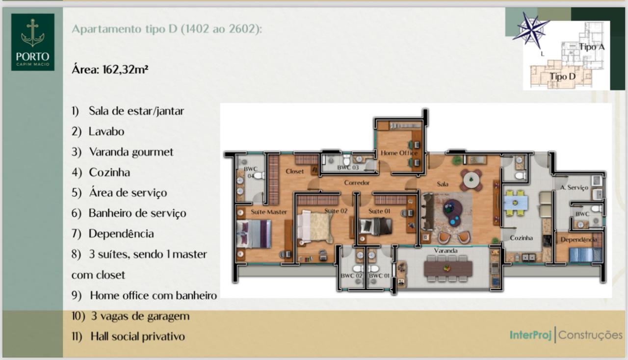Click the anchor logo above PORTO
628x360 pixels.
(33, 33)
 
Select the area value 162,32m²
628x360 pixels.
(125, 70)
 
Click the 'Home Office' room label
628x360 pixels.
(399, 153)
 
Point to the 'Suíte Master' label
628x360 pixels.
(268, 212)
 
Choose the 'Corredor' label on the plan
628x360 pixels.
(357, 183)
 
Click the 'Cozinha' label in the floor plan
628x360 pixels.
(521, 238)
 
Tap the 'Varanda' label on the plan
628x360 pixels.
(445, 251)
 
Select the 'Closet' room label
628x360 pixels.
(294, 171)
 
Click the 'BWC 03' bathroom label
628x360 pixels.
(348, 168)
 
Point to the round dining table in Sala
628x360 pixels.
(471, 179)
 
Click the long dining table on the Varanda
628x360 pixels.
(448, 268)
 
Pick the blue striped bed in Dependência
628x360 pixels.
(585, 255)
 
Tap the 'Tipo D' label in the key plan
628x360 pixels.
(562, 77)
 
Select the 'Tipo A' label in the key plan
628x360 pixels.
(592, 47)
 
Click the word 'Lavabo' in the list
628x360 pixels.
(106, 131)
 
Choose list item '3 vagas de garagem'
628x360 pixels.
(140, 316)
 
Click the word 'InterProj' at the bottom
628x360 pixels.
(530, 335)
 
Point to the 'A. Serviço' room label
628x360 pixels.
(574, 187)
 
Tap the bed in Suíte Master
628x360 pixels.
(254, 234)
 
